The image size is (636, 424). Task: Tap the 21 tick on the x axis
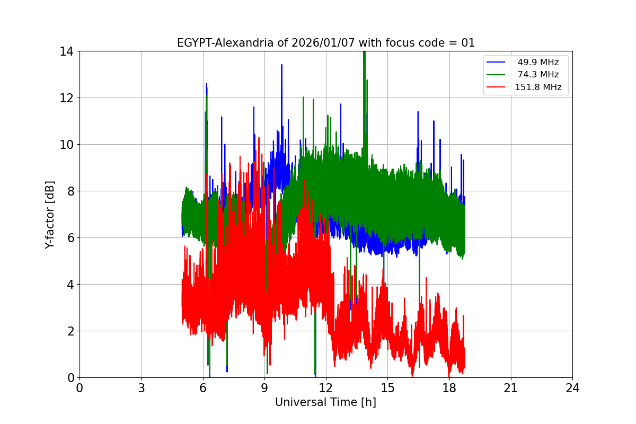[x=511, y=388]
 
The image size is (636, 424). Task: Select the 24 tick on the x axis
[x=572, y=388]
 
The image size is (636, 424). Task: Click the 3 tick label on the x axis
[x=141, y=388]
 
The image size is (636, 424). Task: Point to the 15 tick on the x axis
[x=387, y=388]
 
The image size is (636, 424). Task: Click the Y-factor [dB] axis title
[x=50, y=214]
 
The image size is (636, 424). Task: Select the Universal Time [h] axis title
[x=325, y=402]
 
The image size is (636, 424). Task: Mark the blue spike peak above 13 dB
[x=281, y=65]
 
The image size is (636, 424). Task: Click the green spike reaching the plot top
[x=364, y=53]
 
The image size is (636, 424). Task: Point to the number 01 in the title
[x=468, y=43]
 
